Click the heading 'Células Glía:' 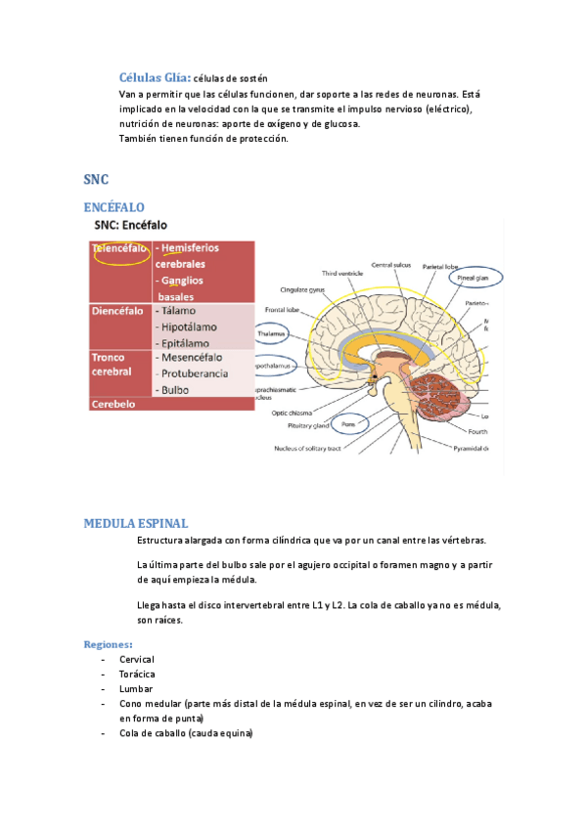pyautogui.click(x=155, y=77)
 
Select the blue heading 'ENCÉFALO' pyautogui.click(x=113, y=208)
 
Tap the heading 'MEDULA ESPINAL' pyautogui.click(x=136, y=523)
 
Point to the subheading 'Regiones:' pyautogui.click(x=109, y=644)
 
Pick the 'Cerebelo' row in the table pyautogui.click(x=113, y=403)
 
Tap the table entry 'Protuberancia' pyautogui.click(x=195, y=373)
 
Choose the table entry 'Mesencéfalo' pyautogui.click(x=193, y=358)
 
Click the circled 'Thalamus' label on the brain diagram pyautogui.click(x=271, y=333)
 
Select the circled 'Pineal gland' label pyautogui.click(x=475, y=278)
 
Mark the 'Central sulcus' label pyautogui.click(x=391, y=265)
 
